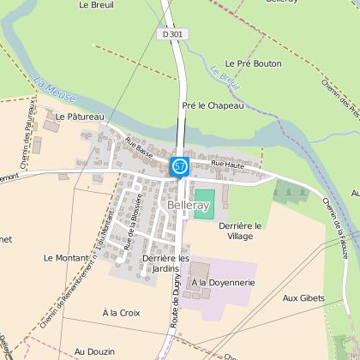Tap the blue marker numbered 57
click(178, 165)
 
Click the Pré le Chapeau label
click(213, 105)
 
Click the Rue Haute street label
click(228, 163)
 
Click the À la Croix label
click(119, 312)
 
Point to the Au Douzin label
click(93, 351)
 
